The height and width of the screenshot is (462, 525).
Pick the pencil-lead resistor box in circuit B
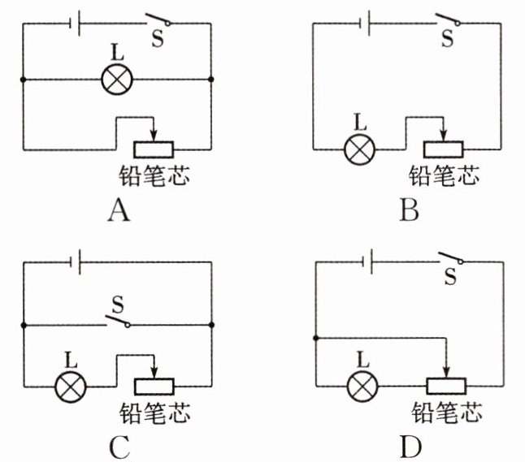point(443,149)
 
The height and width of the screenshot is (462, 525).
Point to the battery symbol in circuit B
point(368,24)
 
